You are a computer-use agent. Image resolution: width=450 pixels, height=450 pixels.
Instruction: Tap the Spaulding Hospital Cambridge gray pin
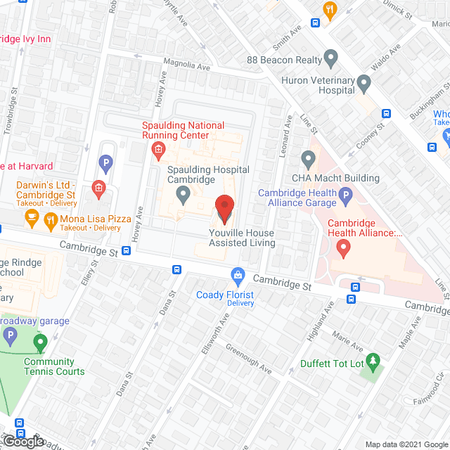[x=184, y=193]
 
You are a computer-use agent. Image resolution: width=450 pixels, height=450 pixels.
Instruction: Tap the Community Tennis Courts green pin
[x=40, y=344]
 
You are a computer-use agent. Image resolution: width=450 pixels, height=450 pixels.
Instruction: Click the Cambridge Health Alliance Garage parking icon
[x=345, y=195]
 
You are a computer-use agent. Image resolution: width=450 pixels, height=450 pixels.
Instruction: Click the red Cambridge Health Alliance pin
[x=343, y=247]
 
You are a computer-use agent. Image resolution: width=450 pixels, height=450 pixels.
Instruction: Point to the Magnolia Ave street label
[x=186, y=66]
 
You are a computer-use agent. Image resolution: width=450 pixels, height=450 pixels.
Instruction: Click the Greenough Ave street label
[x=249, y=359]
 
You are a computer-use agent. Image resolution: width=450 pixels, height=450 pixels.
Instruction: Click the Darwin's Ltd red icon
[x=99, y=188]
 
